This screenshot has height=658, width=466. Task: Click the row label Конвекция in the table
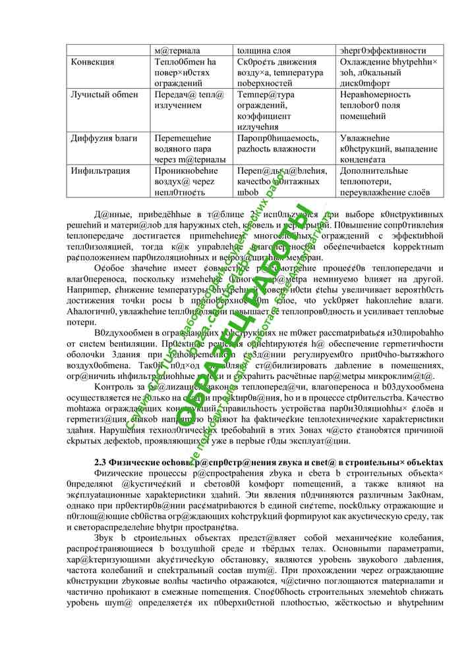point(92,62)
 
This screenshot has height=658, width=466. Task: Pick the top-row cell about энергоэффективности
point(382,51)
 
